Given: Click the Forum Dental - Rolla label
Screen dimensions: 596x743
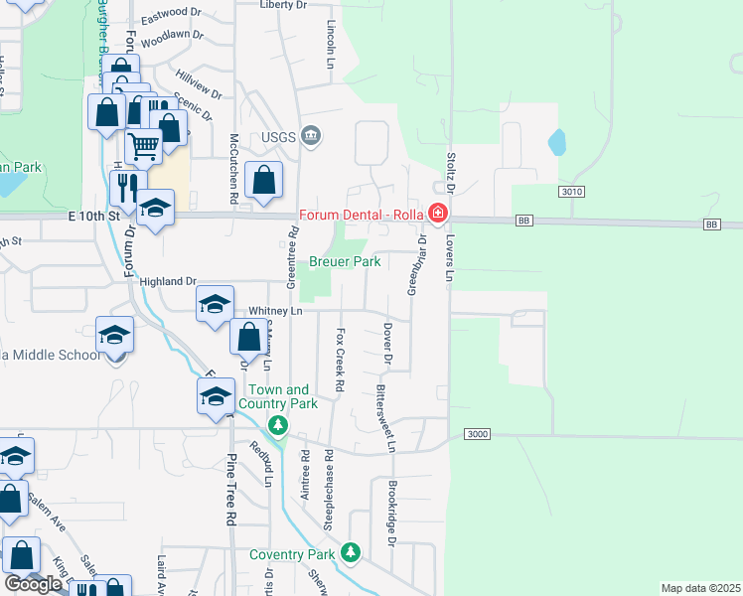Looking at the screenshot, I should coord(362,214).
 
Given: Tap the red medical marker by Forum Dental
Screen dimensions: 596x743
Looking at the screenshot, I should coord(437,214).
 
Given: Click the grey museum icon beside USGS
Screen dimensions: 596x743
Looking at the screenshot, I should coord(311,135).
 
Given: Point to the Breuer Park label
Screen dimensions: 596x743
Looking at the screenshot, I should coord(345,261).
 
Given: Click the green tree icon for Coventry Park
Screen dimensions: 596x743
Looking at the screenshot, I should coord(350,551).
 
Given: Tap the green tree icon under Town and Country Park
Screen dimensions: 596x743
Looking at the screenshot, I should coord(279,426).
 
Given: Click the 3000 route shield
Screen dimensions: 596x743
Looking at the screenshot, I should coord(477,434).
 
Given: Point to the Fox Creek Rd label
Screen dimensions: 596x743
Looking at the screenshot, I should coord(340,359).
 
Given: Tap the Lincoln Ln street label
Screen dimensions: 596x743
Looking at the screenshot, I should coord(331,46).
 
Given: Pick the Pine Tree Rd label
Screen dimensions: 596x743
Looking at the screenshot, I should coord(230,489).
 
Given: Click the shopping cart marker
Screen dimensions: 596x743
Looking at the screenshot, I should coord(144,146).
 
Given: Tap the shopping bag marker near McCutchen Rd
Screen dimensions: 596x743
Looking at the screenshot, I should coord(263,180).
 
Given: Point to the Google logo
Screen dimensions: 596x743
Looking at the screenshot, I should coord(33,584).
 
